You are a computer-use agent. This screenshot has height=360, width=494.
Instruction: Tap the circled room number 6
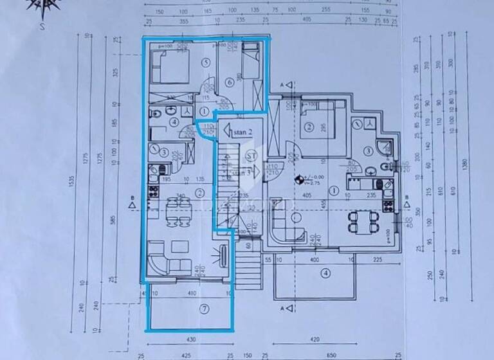pyautogui.click(x=230, y=82)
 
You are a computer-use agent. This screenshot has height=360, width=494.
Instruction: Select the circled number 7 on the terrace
pyautogui.click(x=204, y=309)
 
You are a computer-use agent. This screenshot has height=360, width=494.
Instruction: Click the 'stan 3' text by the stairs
pyautogui.click(x=242, y=172)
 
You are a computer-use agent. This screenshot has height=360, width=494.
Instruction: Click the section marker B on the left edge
pyautogui.click(x=132, y=205)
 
